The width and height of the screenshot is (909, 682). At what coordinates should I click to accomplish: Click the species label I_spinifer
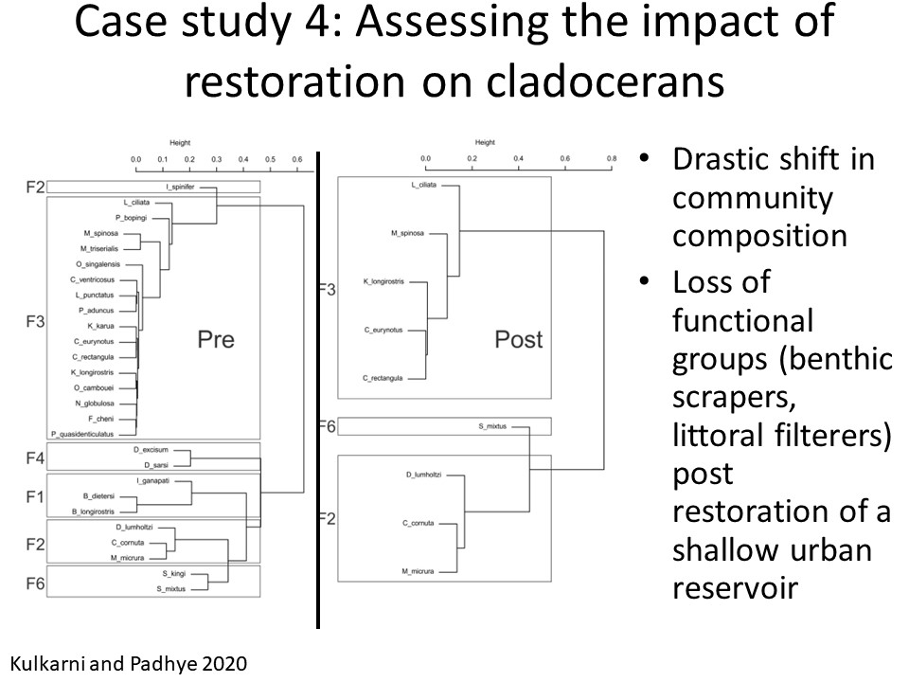[x=179, y=187]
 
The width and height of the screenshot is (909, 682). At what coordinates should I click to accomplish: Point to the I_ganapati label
[x=151, y=482]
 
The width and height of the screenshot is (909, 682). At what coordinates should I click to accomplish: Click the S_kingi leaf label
[x=171, y=574]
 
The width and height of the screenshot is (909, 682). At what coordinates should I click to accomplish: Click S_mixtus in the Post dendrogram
[x=493, y=427]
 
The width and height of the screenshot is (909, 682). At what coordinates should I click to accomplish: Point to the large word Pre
[x=215, y=338]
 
